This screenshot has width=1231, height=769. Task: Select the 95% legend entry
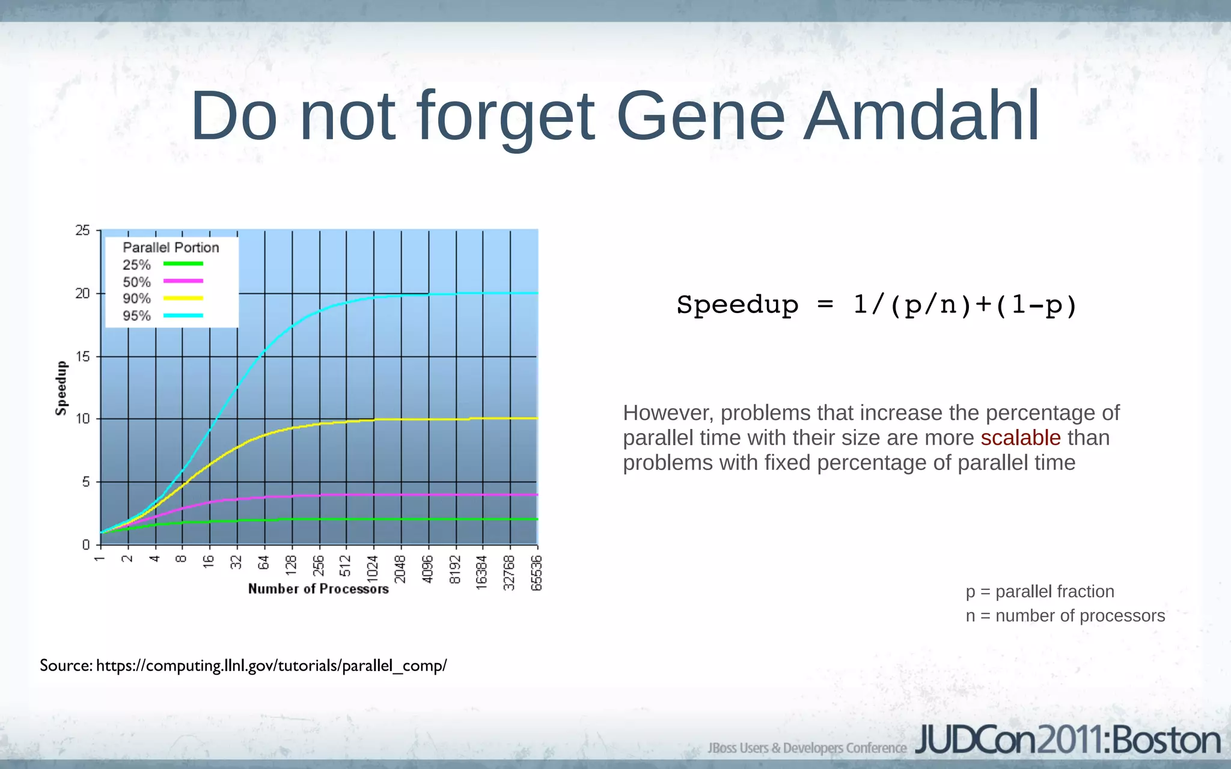tap(136, 316)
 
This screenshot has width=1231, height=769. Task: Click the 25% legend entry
tap(136, 265)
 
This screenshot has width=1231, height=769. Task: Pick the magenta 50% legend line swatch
tap(183, 281)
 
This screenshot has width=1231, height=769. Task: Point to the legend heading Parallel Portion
tap(171, 248)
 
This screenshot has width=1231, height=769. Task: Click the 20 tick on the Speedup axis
tap(82, 294)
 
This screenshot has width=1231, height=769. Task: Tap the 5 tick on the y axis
tap(86, 482)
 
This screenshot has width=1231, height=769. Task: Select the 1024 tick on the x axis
tap(373, 568)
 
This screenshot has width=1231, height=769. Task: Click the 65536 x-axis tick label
tap(537, 573)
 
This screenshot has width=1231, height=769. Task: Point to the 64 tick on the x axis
tap(263, 563)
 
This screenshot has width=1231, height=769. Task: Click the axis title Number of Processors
tap(318, 589)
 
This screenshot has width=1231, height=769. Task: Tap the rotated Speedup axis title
tap(61, 388)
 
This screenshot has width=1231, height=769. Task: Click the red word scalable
tap(1020, 438)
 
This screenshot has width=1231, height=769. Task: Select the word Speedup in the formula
tap(738, 305)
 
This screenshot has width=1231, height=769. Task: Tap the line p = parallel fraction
tap(1040, 592)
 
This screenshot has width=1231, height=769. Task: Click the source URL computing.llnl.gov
tap(271, 666)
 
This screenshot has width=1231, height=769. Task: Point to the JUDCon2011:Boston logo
tap(1068, 741)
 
